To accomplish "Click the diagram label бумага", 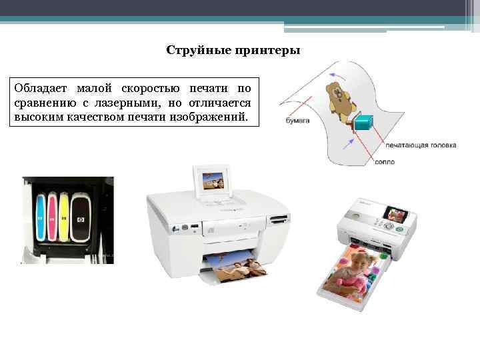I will [297, 121].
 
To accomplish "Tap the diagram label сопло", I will [385, 161].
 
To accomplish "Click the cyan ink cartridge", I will [40, 217].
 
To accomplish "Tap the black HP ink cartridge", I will [81, 219].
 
